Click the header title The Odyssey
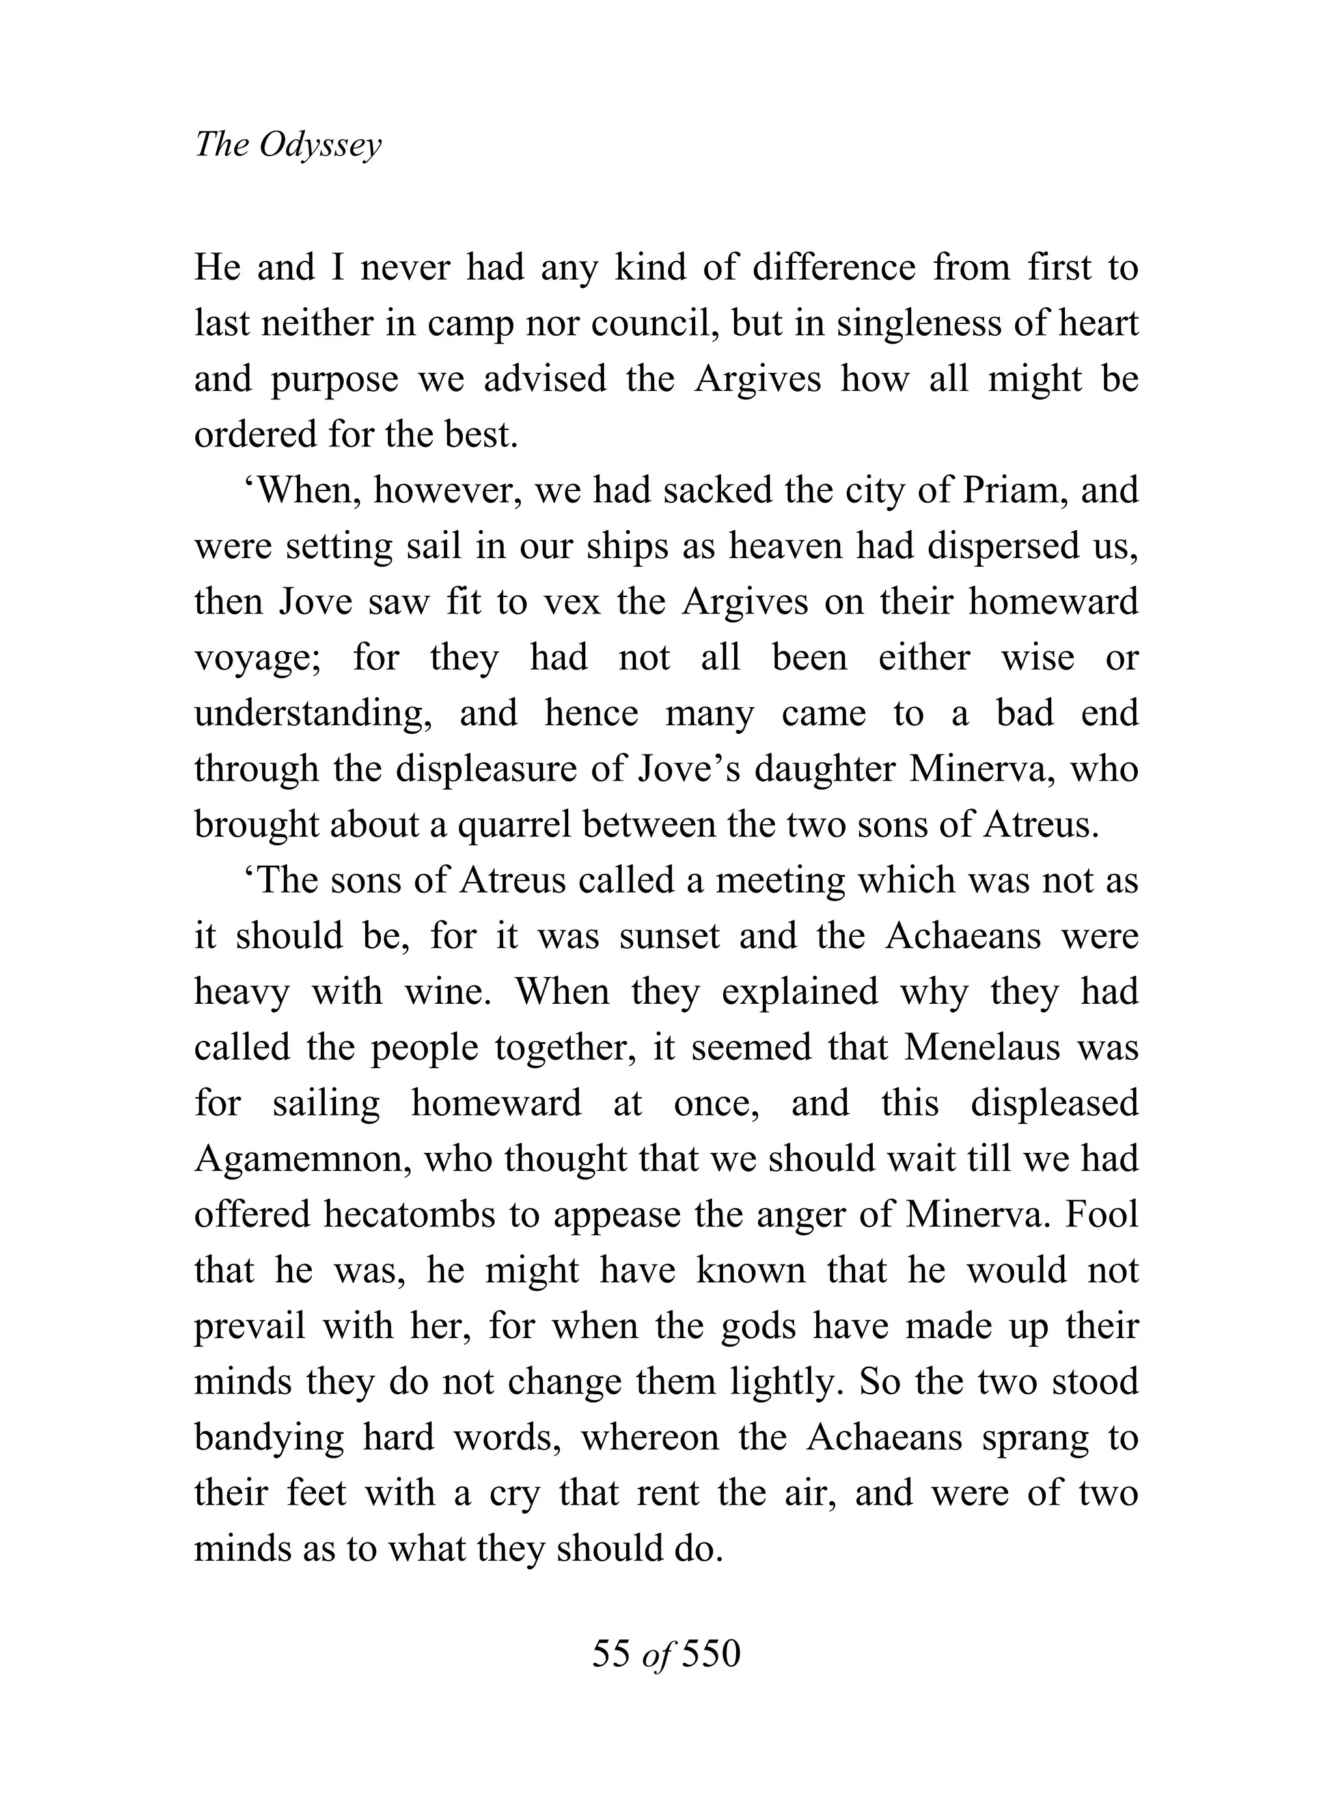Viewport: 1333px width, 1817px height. (288, 145)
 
